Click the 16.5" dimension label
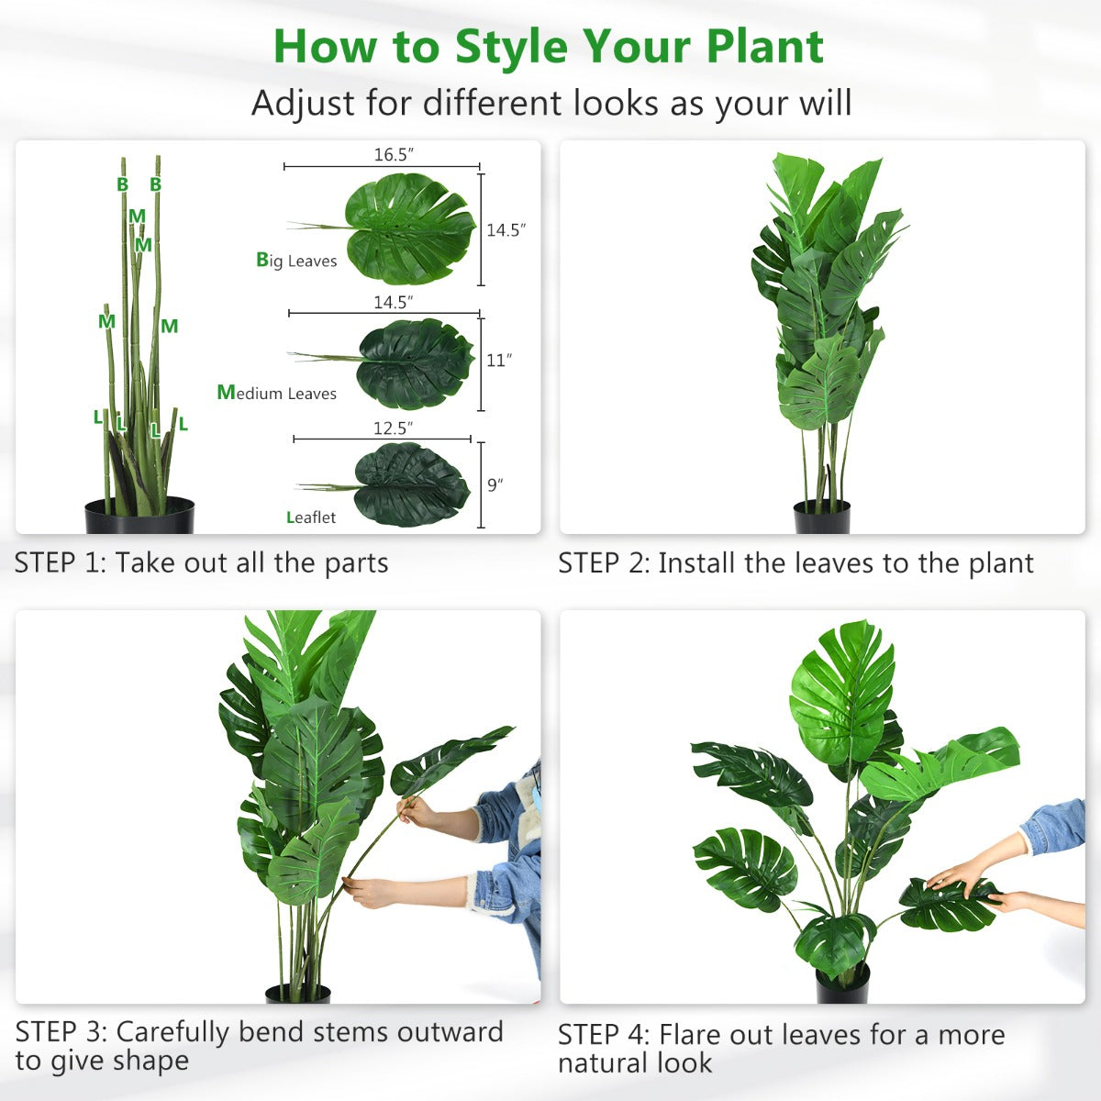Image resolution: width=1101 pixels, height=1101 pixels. [393, 154]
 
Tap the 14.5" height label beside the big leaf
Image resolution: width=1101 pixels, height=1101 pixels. [506, 229]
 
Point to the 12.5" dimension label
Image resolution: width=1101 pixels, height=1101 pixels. [393, 428]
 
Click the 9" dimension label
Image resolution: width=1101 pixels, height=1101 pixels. [495, 484]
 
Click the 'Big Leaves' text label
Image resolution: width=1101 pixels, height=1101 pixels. [296, 261]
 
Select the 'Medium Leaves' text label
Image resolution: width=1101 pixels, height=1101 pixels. [276, 393]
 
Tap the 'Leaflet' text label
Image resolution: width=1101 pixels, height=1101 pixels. [311, 517]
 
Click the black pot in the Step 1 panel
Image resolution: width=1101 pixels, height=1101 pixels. [139, 517]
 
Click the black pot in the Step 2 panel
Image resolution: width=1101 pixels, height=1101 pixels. [821, 517]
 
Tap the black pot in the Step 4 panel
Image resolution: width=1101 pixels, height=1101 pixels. [842, 984]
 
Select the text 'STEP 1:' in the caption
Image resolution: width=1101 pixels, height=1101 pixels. [61, 562]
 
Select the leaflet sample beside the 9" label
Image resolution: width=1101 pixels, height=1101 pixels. [411, 484]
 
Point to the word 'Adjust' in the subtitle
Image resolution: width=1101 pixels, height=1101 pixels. [304, 103]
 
